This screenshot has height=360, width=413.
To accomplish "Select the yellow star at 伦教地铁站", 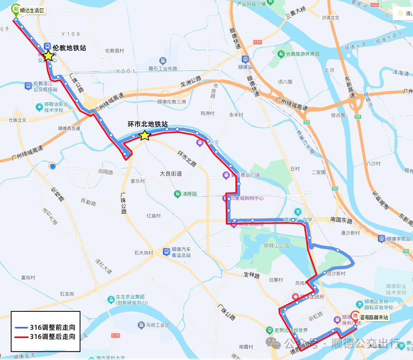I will [48, 56].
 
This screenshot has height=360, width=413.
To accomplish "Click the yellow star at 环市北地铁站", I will [145, 136].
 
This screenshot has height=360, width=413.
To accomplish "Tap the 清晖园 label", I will [190, 194].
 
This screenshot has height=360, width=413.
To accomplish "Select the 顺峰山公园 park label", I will [276, 246].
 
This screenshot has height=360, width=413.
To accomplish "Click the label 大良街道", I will [171, 174].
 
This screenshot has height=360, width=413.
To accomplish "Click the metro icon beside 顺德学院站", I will [382, 238].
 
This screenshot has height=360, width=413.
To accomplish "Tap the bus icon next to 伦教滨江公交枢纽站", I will [28, 85].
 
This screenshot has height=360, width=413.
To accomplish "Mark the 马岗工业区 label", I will [158, 325].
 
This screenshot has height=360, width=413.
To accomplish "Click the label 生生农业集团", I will [129, 297].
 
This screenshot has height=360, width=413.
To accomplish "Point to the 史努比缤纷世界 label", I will [291, 330].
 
